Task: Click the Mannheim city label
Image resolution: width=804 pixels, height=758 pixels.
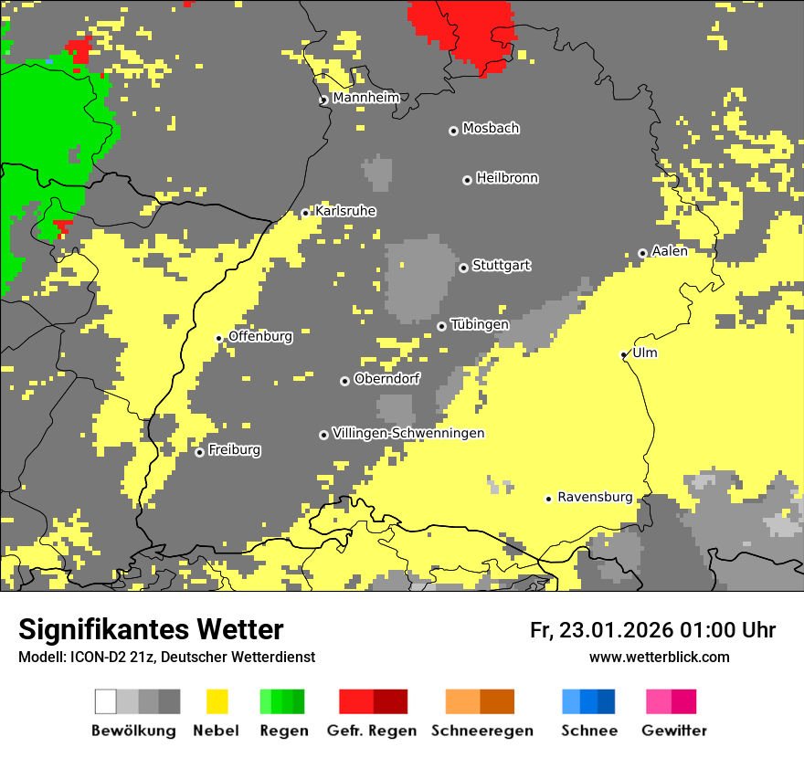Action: (365, 98)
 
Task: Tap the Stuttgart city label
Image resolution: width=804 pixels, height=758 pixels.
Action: (501, 266)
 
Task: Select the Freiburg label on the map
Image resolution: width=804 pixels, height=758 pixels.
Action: (234, 450)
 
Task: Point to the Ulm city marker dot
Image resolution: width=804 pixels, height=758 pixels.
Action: (624, 354)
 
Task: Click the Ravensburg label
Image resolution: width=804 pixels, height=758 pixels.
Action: (595, 498)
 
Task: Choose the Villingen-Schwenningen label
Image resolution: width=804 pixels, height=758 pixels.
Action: (408, 434)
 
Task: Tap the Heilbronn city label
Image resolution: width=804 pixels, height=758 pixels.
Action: (507, 178)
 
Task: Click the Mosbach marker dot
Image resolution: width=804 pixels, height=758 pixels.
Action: (453, 131)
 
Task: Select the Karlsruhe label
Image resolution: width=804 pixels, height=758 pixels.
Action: (344, 211)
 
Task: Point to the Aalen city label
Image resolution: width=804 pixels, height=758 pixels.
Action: (670, 251)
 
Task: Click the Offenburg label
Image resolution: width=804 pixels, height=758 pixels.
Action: (260, 336)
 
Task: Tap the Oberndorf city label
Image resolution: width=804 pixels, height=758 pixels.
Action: (387, 379)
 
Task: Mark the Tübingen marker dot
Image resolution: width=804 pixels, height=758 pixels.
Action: (441, 326)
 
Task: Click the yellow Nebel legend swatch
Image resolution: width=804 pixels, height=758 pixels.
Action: (217, 701)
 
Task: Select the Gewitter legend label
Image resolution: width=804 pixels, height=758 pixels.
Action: (674, 731)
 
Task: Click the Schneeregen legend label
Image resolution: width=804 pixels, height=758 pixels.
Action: (482, 731)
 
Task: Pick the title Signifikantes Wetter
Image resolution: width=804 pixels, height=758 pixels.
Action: (151, 629)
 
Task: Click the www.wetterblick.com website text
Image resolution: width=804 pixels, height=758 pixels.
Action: (659, 657)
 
